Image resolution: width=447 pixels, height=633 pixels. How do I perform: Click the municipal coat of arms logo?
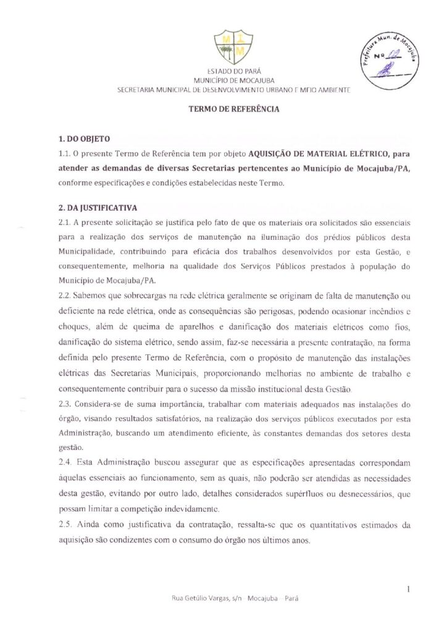223,47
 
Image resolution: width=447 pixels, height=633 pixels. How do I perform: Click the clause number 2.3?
65,405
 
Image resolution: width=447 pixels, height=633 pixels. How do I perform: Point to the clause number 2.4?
65,462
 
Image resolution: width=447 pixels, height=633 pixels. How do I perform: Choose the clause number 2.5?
65,524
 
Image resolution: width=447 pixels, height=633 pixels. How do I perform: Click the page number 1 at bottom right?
409,590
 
